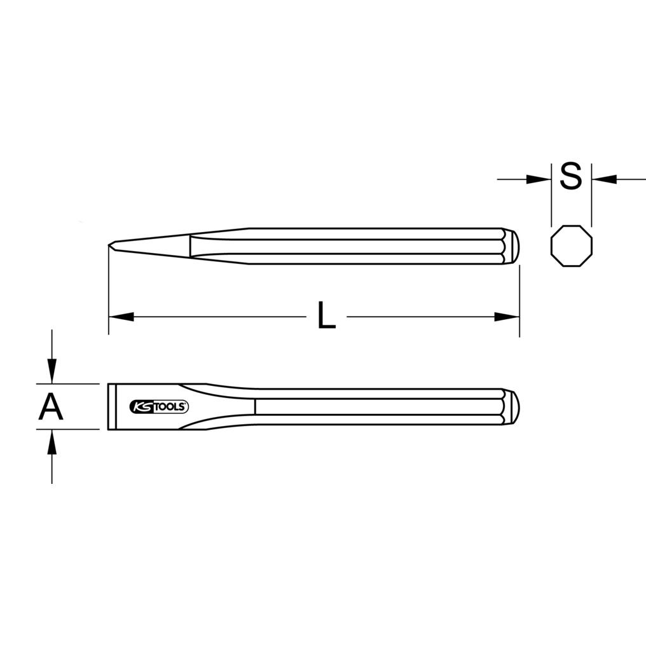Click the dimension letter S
coord(571,176)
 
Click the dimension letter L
coord(327,315)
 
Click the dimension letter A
coord(51,407)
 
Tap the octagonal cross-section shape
coord(572,246)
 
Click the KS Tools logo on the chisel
coord(159,407)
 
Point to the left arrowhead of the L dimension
coord(121,317)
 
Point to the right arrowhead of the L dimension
coord(506,317)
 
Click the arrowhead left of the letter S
coord(539,179)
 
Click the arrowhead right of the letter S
coord(605,179)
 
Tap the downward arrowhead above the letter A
coord(52,371)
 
